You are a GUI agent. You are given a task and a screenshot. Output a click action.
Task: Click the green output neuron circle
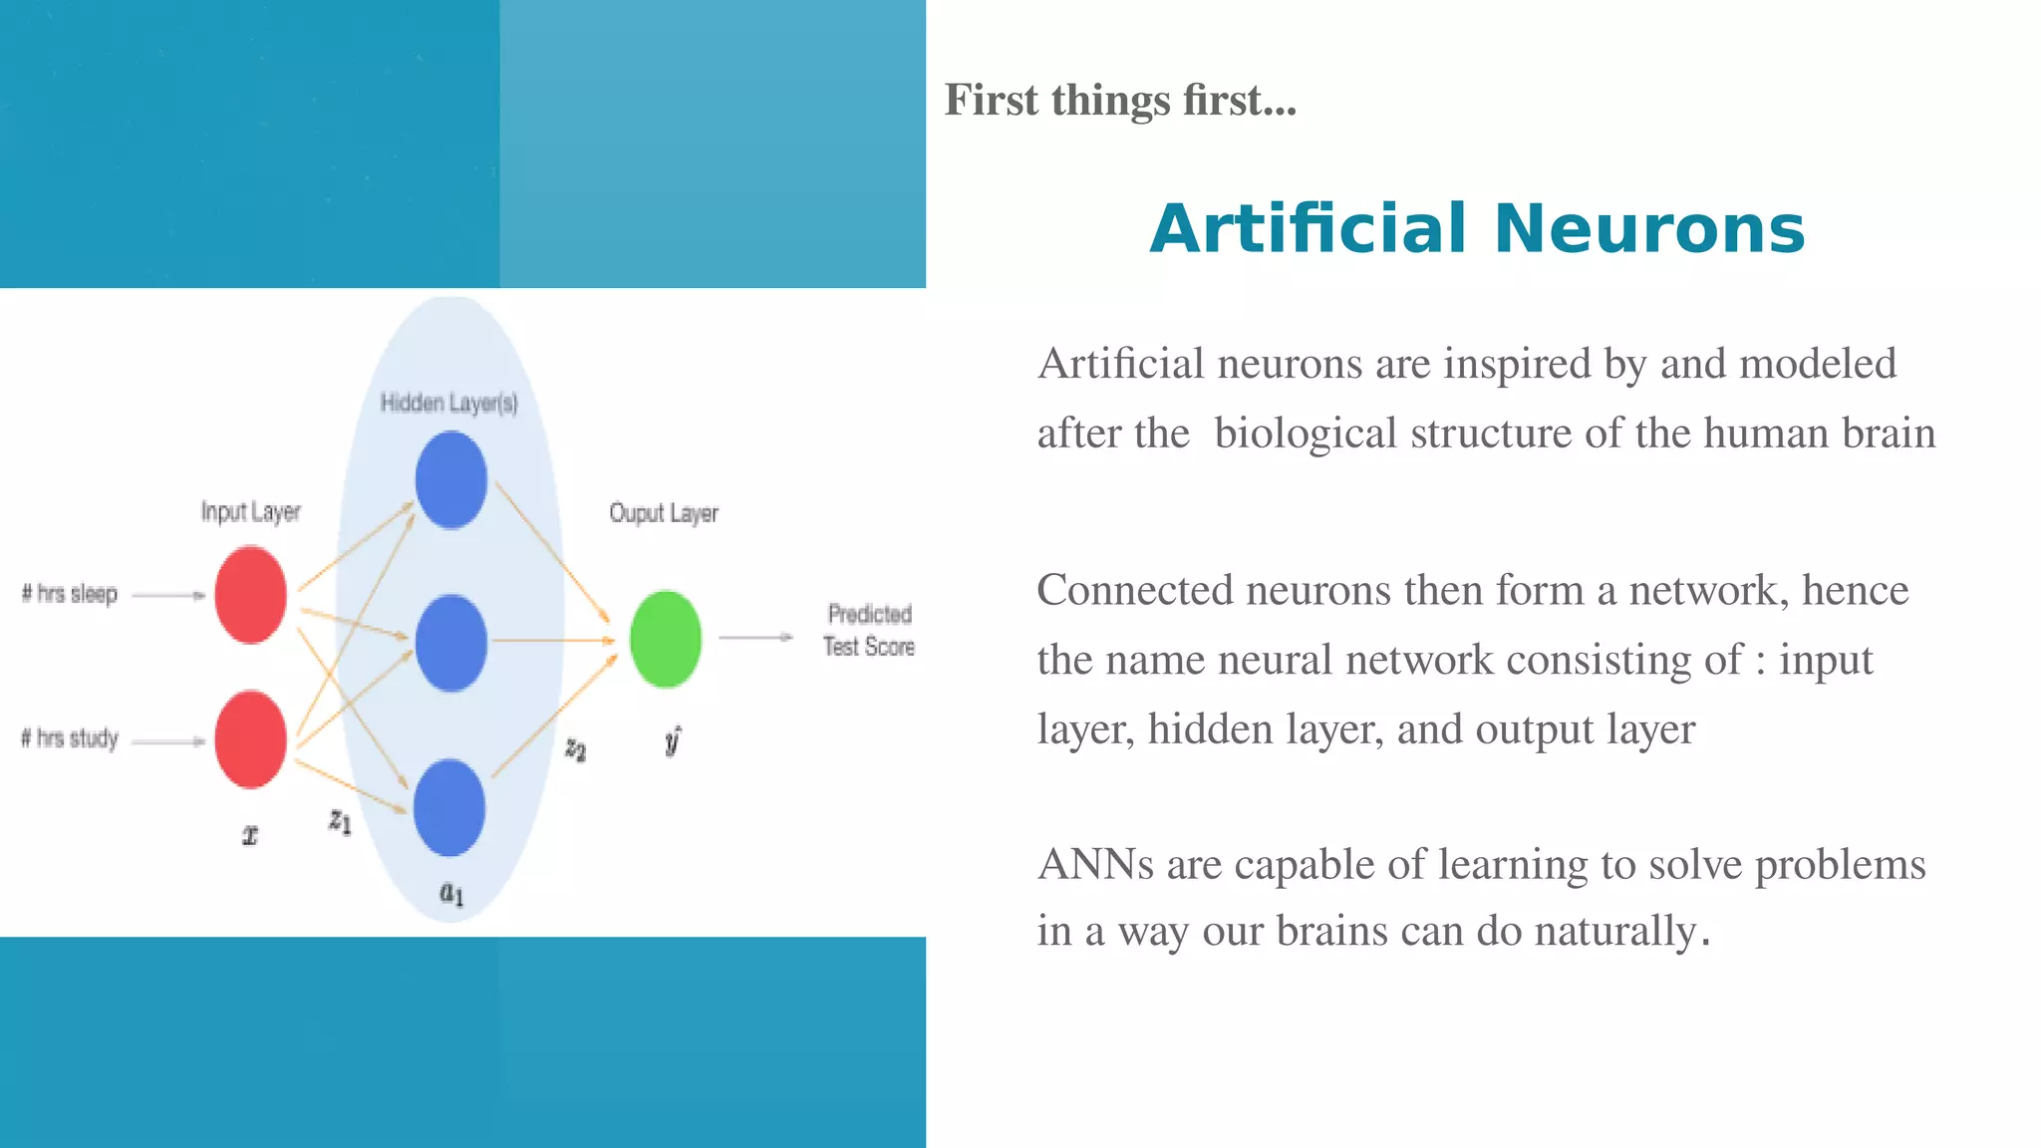tap(666, 639)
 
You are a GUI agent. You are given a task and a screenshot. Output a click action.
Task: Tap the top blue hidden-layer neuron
tap(450, 480)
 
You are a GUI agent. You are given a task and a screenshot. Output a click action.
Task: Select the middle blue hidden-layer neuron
tap(450, 643)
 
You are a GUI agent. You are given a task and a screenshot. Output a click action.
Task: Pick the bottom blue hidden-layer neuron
tap(449, 807)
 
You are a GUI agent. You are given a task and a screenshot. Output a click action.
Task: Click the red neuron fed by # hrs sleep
tap(250, 595)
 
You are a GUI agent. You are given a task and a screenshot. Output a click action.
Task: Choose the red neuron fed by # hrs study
tap(250, 739)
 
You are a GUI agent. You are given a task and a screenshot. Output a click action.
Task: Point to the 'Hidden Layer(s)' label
tap(448, 403)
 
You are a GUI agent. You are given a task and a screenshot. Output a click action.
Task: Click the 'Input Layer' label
tap(250, 511)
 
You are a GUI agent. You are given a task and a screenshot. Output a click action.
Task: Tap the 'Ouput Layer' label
tap(664, 513)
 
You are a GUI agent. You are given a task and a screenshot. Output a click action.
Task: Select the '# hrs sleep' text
tap(70, 594)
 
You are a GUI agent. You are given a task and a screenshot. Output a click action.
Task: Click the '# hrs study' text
tap(70, 738)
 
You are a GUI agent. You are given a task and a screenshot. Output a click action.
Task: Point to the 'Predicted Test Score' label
tap(869, 630)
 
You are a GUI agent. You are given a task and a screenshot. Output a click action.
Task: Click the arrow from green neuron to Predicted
tap(755, 637)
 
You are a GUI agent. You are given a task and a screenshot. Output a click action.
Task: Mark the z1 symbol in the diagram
tap(340, 821)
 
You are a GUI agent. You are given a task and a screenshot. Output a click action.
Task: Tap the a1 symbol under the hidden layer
tap(451, 893)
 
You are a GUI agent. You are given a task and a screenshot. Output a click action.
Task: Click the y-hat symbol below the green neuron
tap(673, 740)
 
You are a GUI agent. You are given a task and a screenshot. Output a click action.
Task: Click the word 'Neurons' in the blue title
tap(1648, 229)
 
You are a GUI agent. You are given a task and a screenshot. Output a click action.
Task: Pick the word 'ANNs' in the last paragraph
tap(1095, 864)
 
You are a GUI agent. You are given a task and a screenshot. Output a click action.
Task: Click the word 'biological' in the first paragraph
tap(1306, 433)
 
